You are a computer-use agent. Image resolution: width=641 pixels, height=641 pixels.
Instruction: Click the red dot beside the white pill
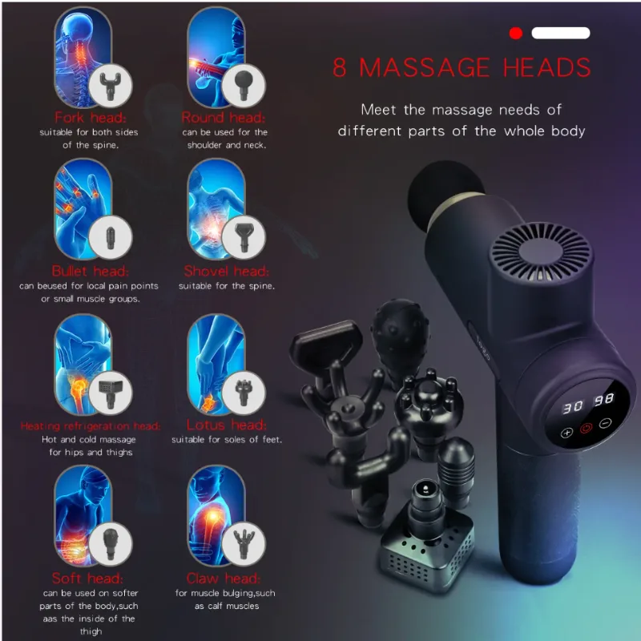coord(516,33)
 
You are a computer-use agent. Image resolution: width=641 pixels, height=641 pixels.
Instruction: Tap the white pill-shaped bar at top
coord(560,33)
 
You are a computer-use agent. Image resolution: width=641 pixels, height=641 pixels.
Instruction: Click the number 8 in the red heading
coord(340,67)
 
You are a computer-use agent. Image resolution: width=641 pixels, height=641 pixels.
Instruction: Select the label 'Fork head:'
coord(91,117)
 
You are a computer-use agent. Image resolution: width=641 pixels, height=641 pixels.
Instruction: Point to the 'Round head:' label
coord(224,117)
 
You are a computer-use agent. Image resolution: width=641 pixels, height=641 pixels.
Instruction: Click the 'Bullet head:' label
coord(91,271)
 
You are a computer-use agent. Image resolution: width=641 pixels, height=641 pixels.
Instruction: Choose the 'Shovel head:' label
coord(227,271)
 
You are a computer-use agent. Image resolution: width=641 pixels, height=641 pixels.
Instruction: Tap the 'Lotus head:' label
coord(227,425)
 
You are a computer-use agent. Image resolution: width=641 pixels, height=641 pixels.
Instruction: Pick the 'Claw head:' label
coord(224,578)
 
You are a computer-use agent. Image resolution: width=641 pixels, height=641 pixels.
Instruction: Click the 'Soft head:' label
coord(87,578)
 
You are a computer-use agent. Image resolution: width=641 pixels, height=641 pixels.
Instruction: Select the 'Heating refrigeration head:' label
coord(91,426)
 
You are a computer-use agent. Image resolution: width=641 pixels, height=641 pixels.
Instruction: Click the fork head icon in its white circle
coord(111,86)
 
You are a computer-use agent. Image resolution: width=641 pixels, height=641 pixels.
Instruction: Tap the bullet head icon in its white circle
coord(111,237)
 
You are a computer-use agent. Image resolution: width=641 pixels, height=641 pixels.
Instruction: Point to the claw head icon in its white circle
coord(244,544)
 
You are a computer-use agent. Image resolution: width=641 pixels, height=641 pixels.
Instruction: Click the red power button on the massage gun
coord(587,429)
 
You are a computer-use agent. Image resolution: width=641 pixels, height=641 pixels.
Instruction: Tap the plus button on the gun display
coord(566,433)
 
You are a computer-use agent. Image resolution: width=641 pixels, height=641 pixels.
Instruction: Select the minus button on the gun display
coord(606,424)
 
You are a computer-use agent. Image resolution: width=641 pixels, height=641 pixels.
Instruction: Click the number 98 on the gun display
coord(604,399)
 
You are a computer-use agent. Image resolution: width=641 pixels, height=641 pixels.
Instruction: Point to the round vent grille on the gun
coord(542,252)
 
